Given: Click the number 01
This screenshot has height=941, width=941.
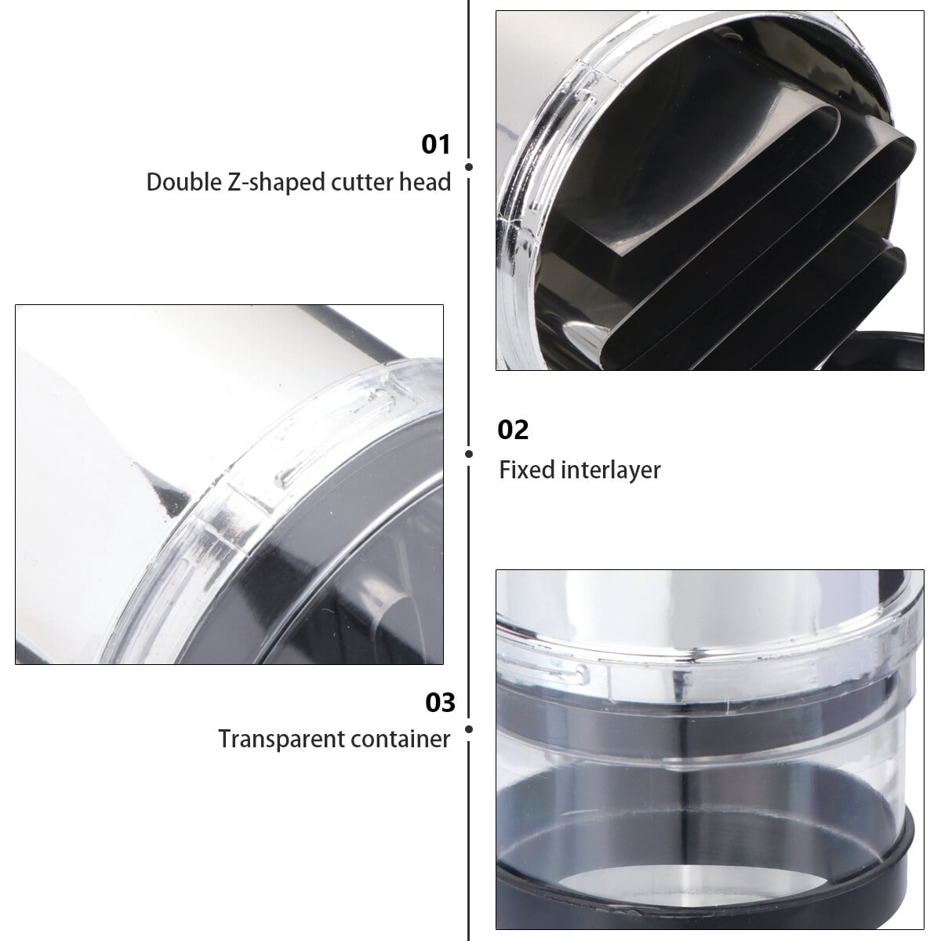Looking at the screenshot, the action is tap(435, 144).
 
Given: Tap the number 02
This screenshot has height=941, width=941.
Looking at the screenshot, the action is tap(513, 431).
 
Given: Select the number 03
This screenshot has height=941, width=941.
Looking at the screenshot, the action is tap(440, 703).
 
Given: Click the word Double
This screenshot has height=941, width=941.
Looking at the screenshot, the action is tap(183, 183).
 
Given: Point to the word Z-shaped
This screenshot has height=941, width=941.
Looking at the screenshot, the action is tap(277, 183).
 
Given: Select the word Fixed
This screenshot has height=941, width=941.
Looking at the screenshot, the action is tap(527, 470).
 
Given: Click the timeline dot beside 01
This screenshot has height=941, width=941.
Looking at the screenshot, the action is tap(469, 167).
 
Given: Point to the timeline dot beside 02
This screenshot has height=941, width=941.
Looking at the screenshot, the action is tap(469, 454).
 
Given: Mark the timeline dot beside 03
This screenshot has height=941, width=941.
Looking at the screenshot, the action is tap(469, 729).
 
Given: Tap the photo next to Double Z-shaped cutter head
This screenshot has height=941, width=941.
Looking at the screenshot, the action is tap(710, 191).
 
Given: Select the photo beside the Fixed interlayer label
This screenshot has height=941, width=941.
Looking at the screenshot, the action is tap(230, 485).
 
